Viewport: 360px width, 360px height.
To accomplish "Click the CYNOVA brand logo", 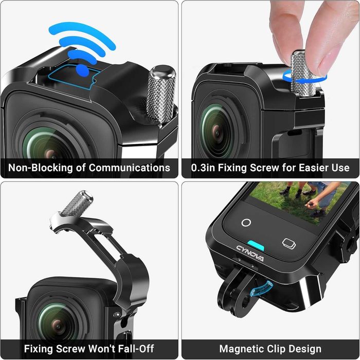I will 250,253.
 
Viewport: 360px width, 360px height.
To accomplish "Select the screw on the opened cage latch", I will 76,204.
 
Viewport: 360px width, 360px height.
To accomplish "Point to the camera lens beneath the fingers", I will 216,129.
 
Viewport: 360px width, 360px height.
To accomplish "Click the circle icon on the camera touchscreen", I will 246,223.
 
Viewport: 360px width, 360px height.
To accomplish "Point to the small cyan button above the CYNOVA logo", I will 256,244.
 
